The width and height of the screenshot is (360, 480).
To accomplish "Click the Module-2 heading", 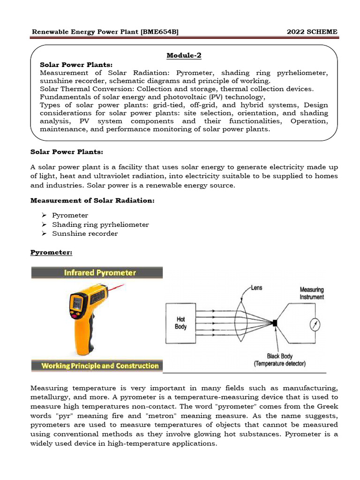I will tap(184, 55).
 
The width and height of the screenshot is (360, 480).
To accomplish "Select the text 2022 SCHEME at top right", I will tap(312, 31).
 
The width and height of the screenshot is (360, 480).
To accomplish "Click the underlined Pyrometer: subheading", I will tap(51, 253).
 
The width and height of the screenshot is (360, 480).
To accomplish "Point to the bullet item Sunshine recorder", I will tap(85, 233).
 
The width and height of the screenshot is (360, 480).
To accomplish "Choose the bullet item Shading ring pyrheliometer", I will tap(100, 225).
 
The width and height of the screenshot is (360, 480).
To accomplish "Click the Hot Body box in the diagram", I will tap(180, 323).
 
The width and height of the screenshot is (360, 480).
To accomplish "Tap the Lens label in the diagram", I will tap(256, 288).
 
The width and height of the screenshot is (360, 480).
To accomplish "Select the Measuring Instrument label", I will tap(312, 293).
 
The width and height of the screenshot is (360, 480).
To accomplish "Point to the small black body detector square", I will tap(275, 322).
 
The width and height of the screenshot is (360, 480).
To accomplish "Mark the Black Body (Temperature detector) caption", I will tap(280, 360).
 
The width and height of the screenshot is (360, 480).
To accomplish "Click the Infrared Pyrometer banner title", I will tap(97, 272).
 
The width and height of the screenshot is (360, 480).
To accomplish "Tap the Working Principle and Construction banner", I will tap(97, 366).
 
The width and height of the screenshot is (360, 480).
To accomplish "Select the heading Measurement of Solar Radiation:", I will tap(92, 201).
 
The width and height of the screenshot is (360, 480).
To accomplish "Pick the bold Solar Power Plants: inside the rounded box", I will tap(76, 64).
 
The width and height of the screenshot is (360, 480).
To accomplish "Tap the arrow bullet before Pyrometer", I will tap(44, 215).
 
